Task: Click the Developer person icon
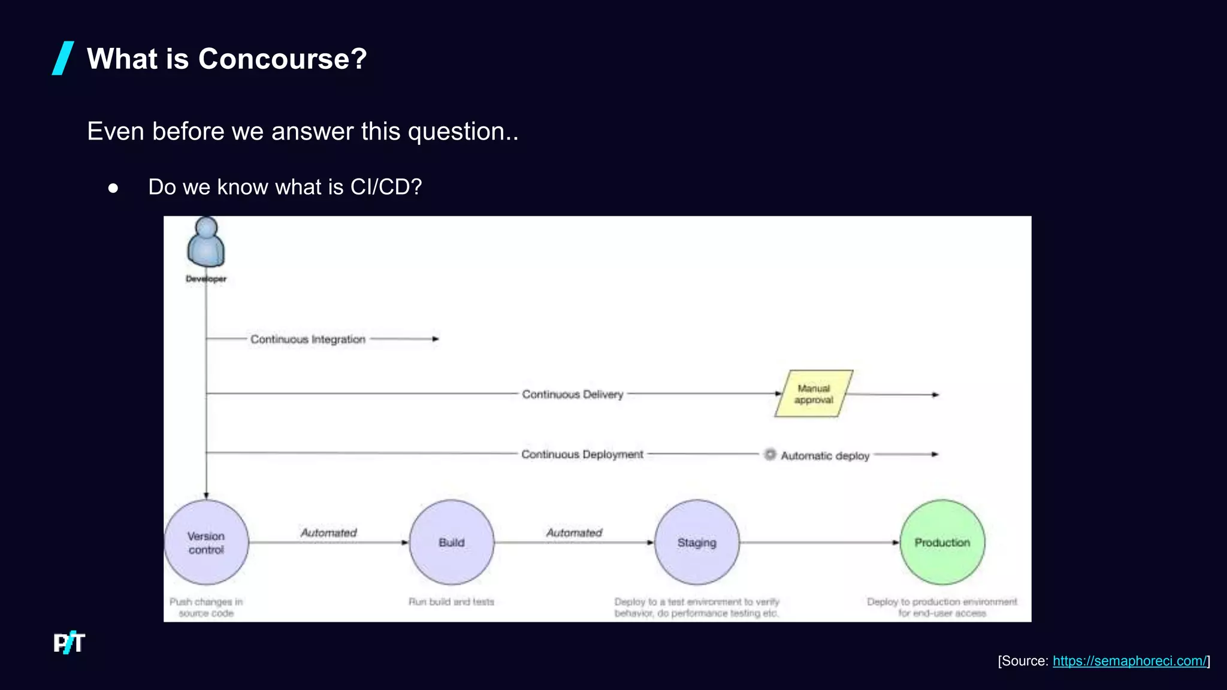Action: [206, 243]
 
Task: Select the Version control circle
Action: [206, 542]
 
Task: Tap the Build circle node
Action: [452, 542]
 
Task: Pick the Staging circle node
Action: [697, 542]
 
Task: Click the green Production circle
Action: [942, 542]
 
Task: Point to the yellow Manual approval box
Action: [814, 394]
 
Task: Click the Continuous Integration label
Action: [308, 339]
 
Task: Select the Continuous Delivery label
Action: [573, 394]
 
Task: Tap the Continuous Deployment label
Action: [582, 454]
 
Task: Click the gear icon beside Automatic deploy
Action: [770, 455]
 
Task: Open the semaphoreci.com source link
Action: [1129, 661]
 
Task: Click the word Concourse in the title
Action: [282, 59]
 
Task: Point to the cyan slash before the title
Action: [63, 58]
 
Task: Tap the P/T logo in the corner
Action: [69, 643]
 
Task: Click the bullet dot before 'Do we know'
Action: [113, 188]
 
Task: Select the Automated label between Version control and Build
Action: [328, 532]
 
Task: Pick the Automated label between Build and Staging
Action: [574, 532]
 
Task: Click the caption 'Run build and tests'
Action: [452, 601]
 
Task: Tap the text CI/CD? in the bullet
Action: [386, 187]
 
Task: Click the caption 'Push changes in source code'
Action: [206, 607]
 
